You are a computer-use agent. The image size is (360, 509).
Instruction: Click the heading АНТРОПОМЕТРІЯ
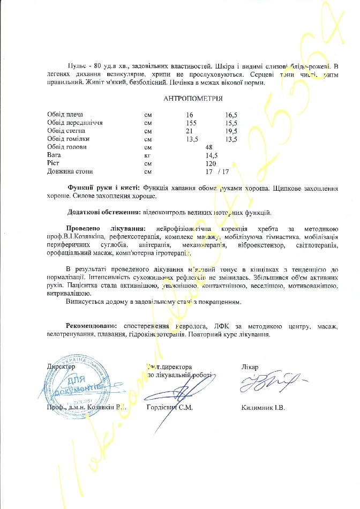(192, 99)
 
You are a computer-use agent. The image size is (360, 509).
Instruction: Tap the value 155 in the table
(191, 123)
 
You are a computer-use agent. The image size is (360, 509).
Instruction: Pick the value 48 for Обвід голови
(209, 147)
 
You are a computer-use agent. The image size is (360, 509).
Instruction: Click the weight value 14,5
(212, 155)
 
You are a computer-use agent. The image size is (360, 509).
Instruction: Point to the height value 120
(211, 163)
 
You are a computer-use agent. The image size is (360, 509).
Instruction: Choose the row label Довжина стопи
(70, 172)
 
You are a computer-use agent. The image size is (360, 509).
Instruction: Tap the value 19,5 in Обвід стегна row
(231, 131)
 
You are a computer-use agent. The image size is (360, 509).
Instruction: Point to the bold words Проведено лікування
(107, 229)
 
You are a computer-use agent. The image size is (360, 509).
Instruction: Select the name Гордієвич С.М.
(170, 408)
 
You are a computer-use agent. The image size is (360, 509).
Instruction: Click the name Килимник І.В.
(264, 408)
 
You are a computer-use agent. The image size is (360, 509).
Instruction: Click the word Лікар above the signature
(250, 367)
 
